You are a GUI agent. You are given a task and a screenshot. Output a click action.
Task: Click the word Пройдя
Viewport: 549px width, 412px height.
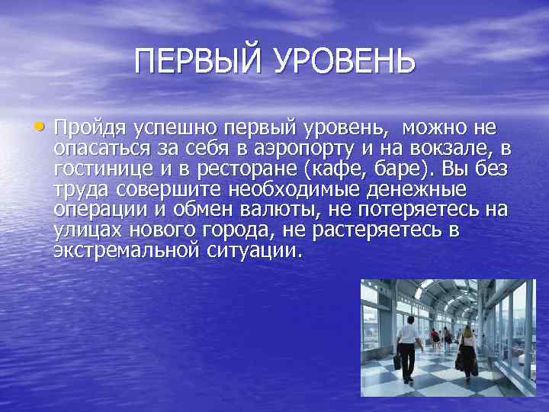tap(88, 127)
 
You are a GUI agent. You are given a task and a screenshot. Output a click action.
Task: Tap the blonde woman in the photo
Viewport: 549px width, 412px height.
tap(467, 348)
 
